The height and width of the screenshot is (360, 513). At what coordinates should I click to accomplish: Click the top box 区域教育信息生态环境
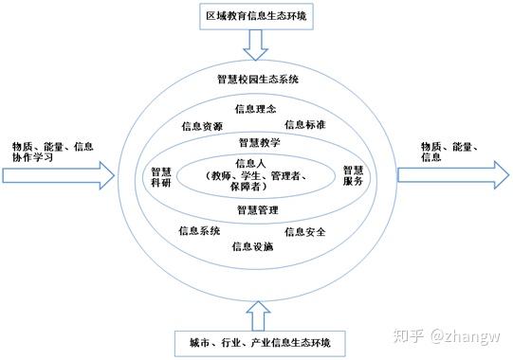(256, 15)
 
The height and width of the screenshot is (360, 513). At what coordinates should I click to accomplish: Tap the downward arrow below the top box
(256, 42)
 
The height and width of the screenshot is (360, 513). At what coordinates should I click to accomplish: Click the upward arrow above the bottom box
(257, 312)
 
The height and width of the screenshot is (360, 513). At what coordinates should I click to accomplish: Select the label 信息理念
(255, 109)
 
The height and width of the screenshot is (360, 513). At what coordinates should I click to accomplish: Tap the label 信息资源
(201, 126)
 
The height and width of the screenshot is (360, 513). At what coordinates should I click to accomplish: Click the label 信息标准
(305, 124)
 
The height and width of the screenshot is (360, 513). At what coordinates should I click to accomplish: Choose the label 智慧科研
(160, 178)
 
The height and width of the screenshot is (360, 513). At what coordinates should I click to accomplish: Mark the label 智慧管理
(257, 208)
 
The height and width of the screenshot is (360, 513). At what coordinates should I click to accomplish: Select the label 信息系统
(199, 230)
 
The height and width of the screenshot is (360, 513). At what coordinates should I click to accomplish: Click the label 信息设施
(252, 246)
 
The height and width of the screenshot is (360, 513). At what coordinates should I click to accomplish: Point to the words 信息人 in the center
(257, 163)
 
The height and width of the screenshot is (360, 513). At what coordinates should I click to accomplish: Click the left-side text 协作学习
(32, 158)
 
